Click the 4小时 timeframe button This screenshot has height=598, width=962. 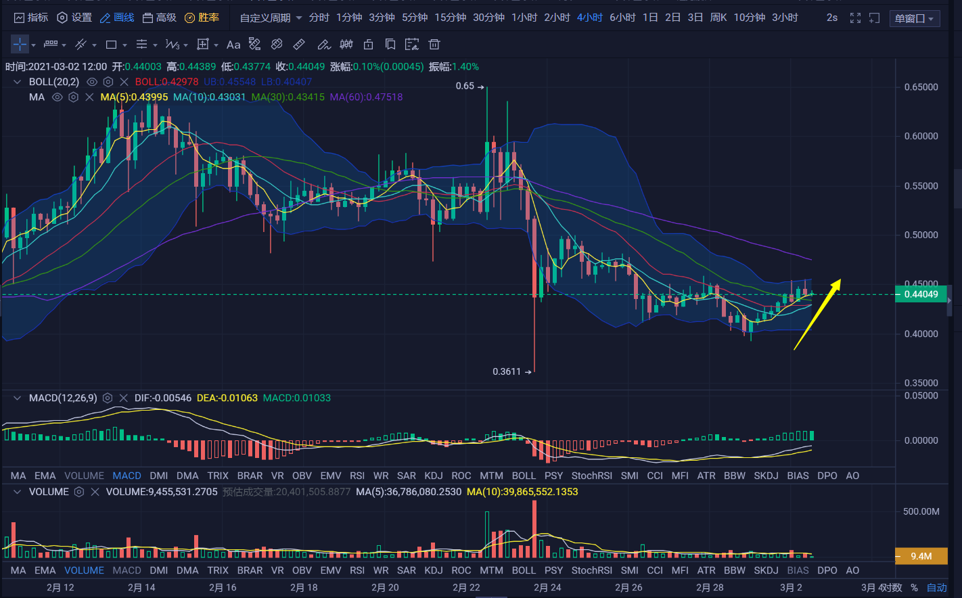point(589,18)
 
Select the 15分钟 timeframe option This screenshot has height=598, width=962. point(450,18)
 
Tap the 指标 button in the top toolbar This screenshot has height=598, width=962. point(31,18)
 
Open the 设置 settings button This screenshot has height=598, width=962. point(74,18)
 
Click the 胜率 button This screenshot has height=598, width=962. point(202,18)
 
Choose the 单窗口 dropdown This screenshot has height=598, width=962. point(914,18)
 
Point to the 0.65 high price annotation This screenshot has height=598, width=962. point(465,86)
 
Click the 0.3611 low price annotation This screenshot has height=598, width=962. point(507,371)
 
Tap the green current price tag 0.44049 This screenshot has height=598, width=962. point(921,294)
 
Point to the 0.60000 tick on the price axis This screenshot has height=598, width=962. point(921,136)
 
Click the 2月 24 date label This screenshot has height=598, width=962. point(547,587)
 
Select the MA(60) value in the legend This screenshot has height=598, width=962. point(366,97)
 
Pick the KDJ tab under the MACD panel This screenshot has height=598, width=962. point(434,476)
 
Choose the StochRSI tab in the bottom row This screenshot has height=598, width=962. point(591,570)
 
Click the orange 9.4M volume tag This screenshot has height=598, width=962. point(920,556)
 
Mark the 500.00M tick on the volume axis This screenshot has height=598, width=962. point(921,511)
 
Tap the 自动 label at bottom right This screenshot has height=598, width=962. point(937,587)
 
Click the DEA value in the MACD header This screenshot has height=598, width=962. point(227,398)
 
